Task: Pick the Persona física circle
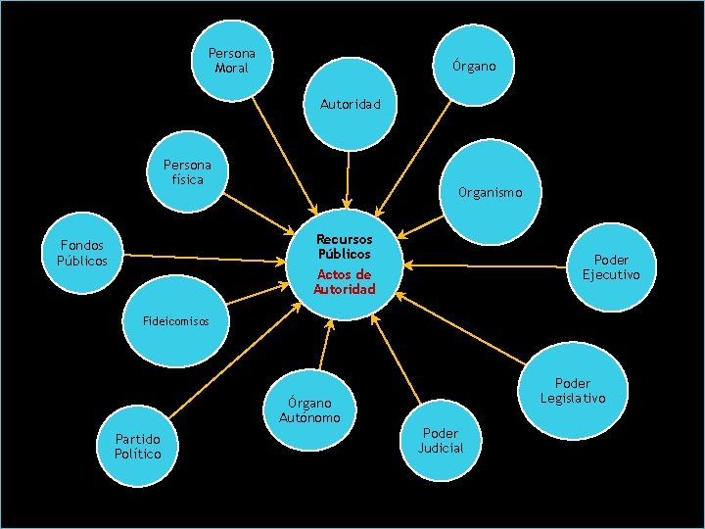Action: [187, 172]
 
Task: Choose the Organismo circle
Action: [489, 192]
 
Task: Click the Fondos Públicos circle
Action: [82, 253]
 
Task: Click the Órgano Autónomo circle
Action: [309, 409]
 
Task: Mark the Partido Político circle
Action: [137, 446]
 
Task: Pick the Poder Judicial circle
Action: [441, 440]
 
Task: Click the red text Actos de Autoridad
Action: [344, 282]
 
